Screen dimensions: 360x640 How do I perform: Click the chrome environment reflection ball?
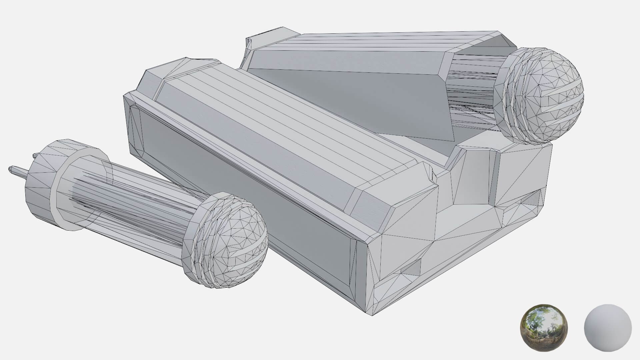(543, 327)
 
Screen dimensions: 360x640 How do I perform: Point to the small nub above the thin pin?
(35, 155)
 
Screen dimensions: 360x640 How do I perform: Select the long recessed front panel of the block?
(243, 187)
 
